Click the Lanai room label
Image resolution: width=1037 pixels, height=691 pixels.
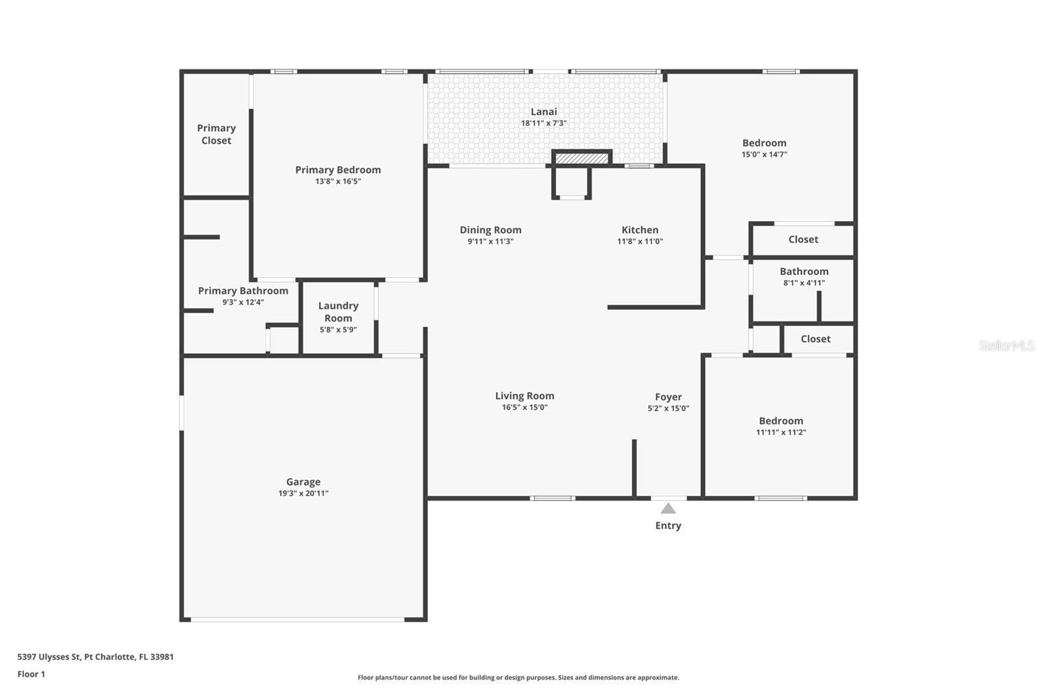coord(544,112)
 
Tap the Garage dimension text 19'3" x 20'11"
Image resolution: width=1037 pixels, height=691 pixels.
coord(303,493)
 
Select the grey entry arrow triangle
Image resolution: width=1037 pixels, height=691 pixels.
coord(668,509)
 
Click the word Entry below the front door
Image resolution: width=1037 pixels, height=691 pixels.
coord(668,526)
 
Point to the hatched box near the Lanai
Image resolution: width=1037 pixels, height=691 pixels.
coord(581,158)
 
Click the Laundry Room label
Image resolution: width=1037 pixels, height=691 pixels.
coord(338,312)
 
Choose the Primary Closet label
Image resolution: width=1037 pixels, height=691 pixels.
coord(216,134)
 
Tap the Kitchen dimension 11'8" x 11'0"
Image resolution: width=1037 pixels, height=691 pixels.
coord(640,241)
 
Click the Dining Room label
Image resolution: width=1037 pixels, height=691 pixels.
coord(491,230)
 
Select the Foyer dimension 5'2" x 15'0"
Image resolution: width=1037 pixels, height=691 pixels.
coord(668,408)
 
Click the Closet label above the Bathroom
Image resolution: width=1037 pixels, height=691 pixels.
coord(803,239)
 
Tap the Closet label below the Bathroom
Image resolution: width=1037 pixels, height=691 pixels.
coord(815,339)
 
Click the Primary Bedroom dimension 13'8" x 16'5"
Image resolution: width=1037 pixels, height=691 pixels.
coord(338,182)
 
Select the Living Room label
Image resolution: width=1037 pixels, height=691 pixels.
coord(524,396)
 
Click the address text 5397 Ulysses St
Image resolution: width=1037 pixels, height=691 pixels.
coord(49,657)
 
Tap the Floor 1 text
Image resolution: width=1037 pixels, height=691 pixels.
coord(31,674)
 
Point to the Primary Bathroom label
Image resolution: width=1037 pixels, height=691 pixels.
coord(243,291)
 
